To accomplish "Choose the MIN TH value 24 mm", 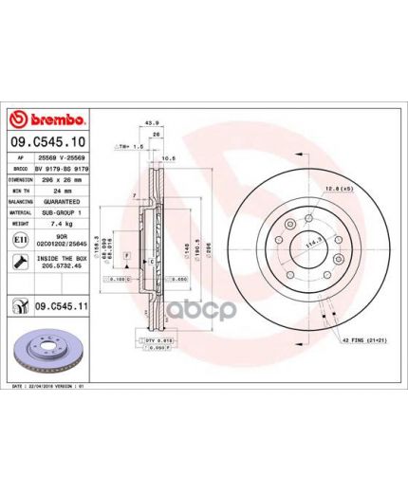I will click(x=68, y=190).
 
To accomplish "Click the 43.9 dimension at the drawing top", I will click(x=149, y=122).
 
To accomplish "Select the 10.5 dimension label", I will click(x=168, y=158).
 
